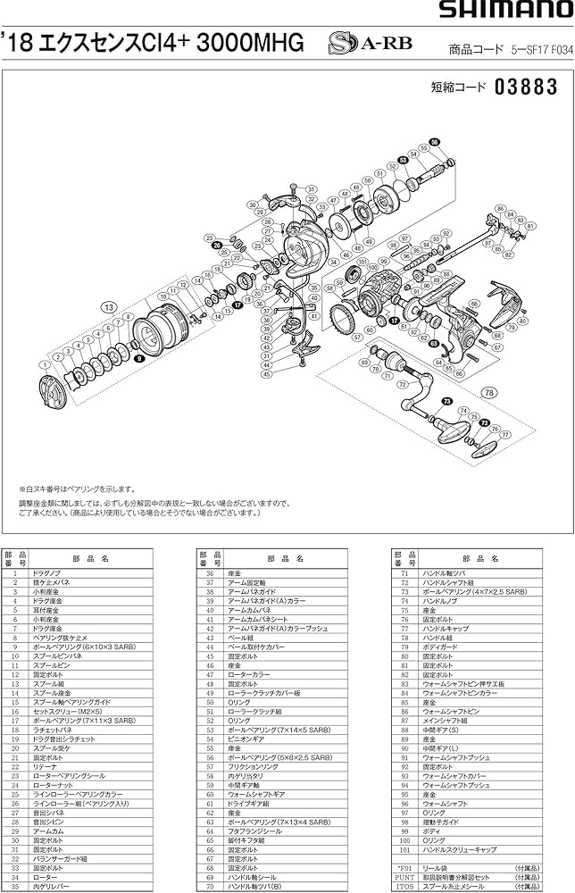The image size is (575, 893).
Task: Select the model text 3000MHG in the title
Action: (x=253, y=42)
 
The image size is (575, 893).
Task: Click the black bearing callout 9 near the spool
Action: (x=139, y=357)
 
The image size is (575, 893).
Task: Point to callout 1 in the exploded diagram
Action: (x=43, y=365)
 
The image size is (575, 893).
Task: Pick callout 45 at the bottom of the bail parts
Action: (x=266, y=374)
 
